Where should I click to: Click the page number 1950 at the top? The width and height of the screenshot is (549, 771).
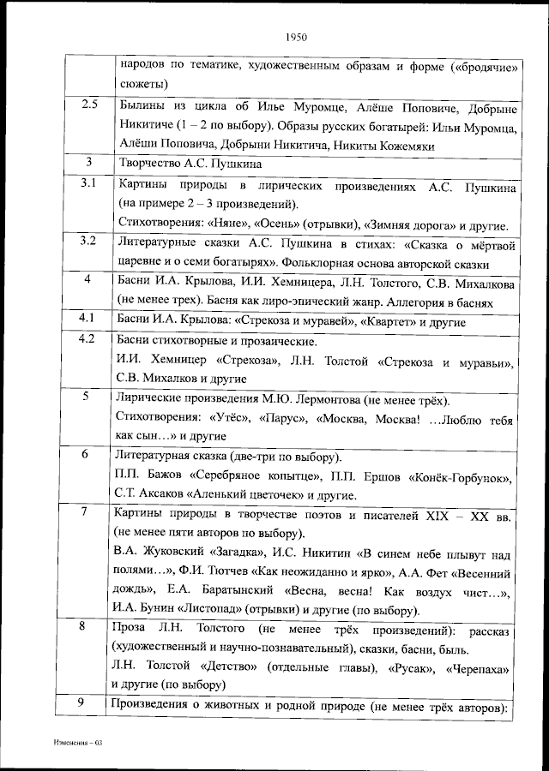[x=294, y=37]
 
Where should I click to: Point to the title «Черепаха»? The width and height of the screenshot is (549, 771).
[x=480, y=666]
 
